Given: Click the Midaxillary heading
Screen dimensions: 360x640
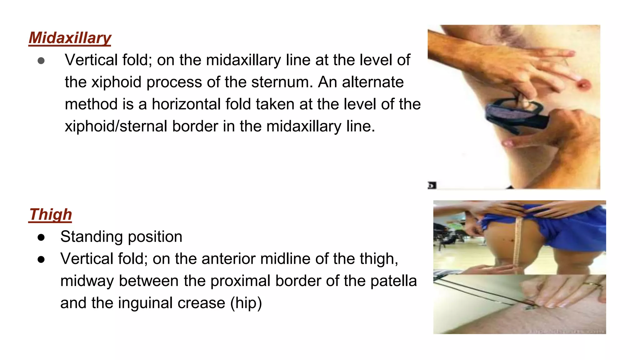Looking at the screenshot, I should tap(70, 38).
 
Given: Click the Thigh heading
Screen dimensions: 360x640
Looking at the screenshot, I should tap(50, 215).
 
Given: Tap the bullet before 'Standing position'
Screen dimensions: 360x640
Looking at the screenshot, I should tap(41, 237).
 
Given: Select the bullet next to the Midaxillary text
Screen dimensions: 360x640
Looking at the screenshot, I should tap(41, 61).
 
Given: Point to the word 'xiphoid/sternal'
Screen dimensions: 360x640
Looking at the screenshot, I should tap(116, 127).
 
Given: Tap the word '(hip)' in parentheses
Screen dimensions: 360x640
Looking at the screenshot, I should tap(246, 303).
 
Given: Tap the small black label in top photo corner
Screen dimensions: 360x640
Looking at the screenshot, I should tap(432, 185).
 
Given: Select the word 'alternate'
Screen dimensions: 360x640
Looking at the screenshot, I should tap(373, 82).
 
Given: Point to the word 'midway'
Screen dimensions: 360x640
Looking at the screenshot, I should tap(87, 281).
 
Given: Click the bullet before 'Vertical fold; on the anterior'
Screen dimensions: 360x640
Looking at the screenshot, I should tap(41, 259).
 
